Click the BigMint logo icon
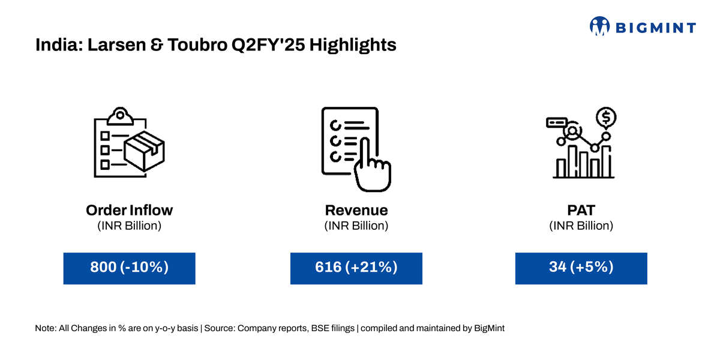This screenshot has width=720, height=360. click(599, 26)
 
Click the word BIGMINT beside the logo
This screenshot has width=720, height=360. click(656, 28)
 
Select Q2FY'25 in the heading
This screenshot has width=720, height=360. click(268, 44)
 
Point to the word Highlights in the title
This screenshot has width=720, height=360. click(353, 45)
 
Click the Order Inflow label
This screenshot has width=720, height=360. click(129, 210)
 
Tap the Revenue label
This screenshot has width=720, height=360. click(356, 210)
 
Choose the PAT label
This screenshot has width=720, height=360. click(581, 210)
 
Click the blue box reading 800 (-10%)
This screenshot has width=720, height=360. click(129, 268)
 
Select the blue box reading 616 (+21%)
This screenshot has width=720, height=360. click(356, 268)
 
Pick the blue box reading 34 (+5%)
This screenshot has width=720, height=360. click(581, 268)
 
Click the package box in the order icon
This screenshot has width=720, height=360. click(145, 151)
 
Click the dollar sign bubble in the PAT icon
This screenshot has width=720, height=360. click(606, 118)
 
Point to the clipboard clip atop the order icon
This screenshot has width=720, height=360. click(120, 116)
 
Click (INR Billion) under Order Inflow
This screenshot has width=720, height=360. click(129, 226)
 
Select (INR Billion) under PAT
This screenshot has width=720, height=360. click(581, 226)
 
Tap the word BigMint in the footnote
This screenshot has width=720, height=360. click(489, 328)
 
